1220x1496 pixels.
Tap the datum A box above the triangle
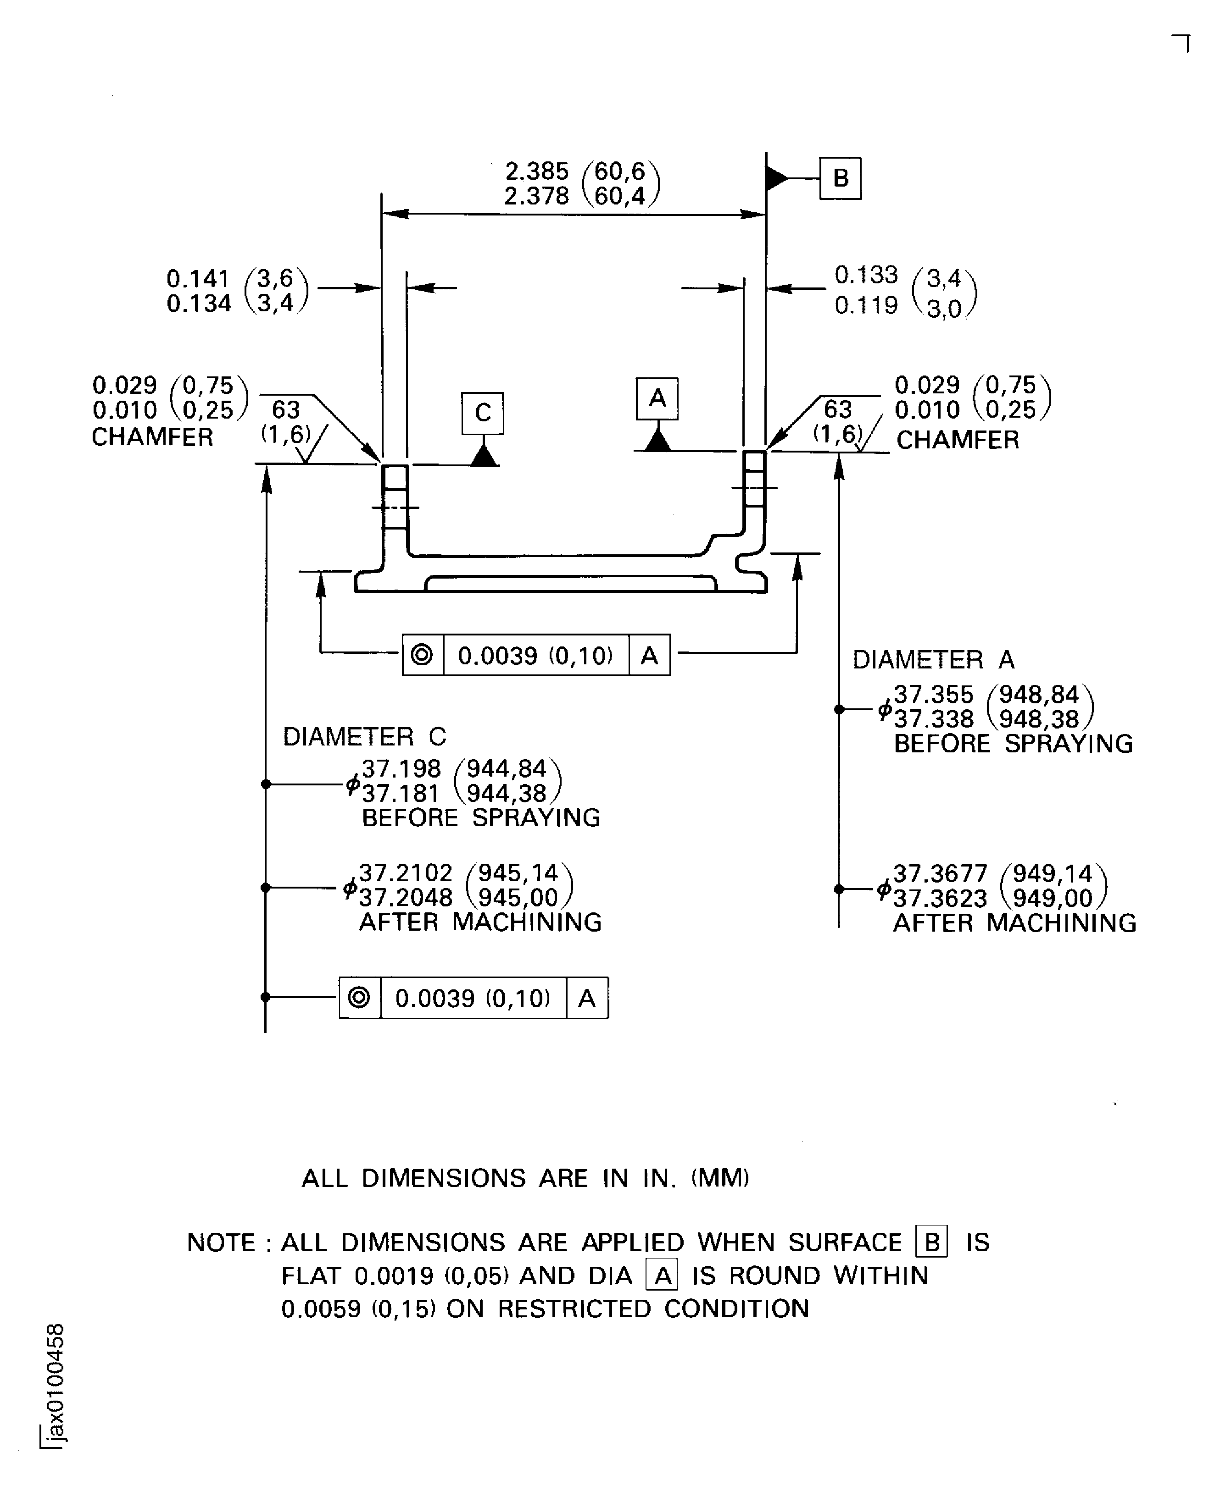(657, 398)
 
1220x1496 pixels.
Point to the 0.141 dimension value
(198, 279)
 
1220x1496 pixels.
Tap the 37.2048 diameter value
(406, 898)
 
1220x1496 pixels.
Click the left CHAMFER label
(152, 437)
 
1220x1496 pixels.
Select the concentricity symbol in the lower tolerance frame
(359, 997)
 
